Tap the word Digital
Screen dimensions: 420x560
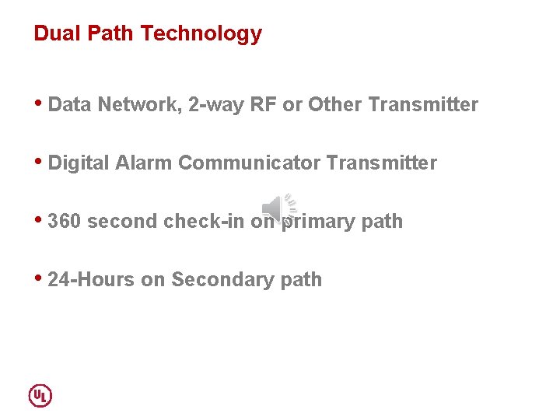79,163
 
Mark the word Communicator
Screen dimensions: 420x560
249,163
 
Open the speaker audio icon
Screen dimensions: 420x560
278,207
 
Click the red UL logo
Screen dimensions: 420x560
40,395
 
